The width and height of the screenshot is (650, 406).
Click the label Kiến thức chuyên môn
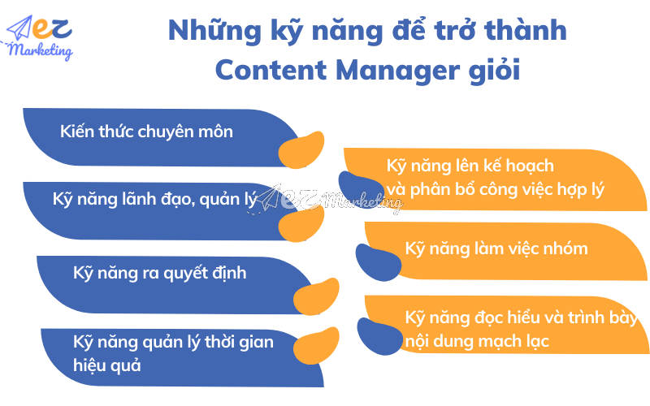pyautogui.click(x=146, y=131)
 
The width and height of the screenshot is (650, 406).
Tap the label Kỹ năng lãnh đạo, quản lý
pyautogui.click(x=154, y=199)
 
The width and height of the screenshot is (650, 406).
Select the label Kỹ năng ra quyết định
pyautogui.click(x=159, y=273)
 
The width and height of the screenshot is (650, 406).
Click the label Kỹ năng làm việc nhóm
pyautogui.click(x=496, y=248)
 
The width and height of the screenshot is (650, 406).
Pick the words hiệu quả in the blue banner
pyautogui.click(x=107, y=365)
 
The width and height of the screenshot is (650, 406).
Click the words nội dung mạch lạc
pyautogui.click(x=476, y=341)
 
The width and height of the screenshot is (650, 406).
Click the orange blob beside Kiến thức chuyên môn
pyautogui.click(x=301, y=149)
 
